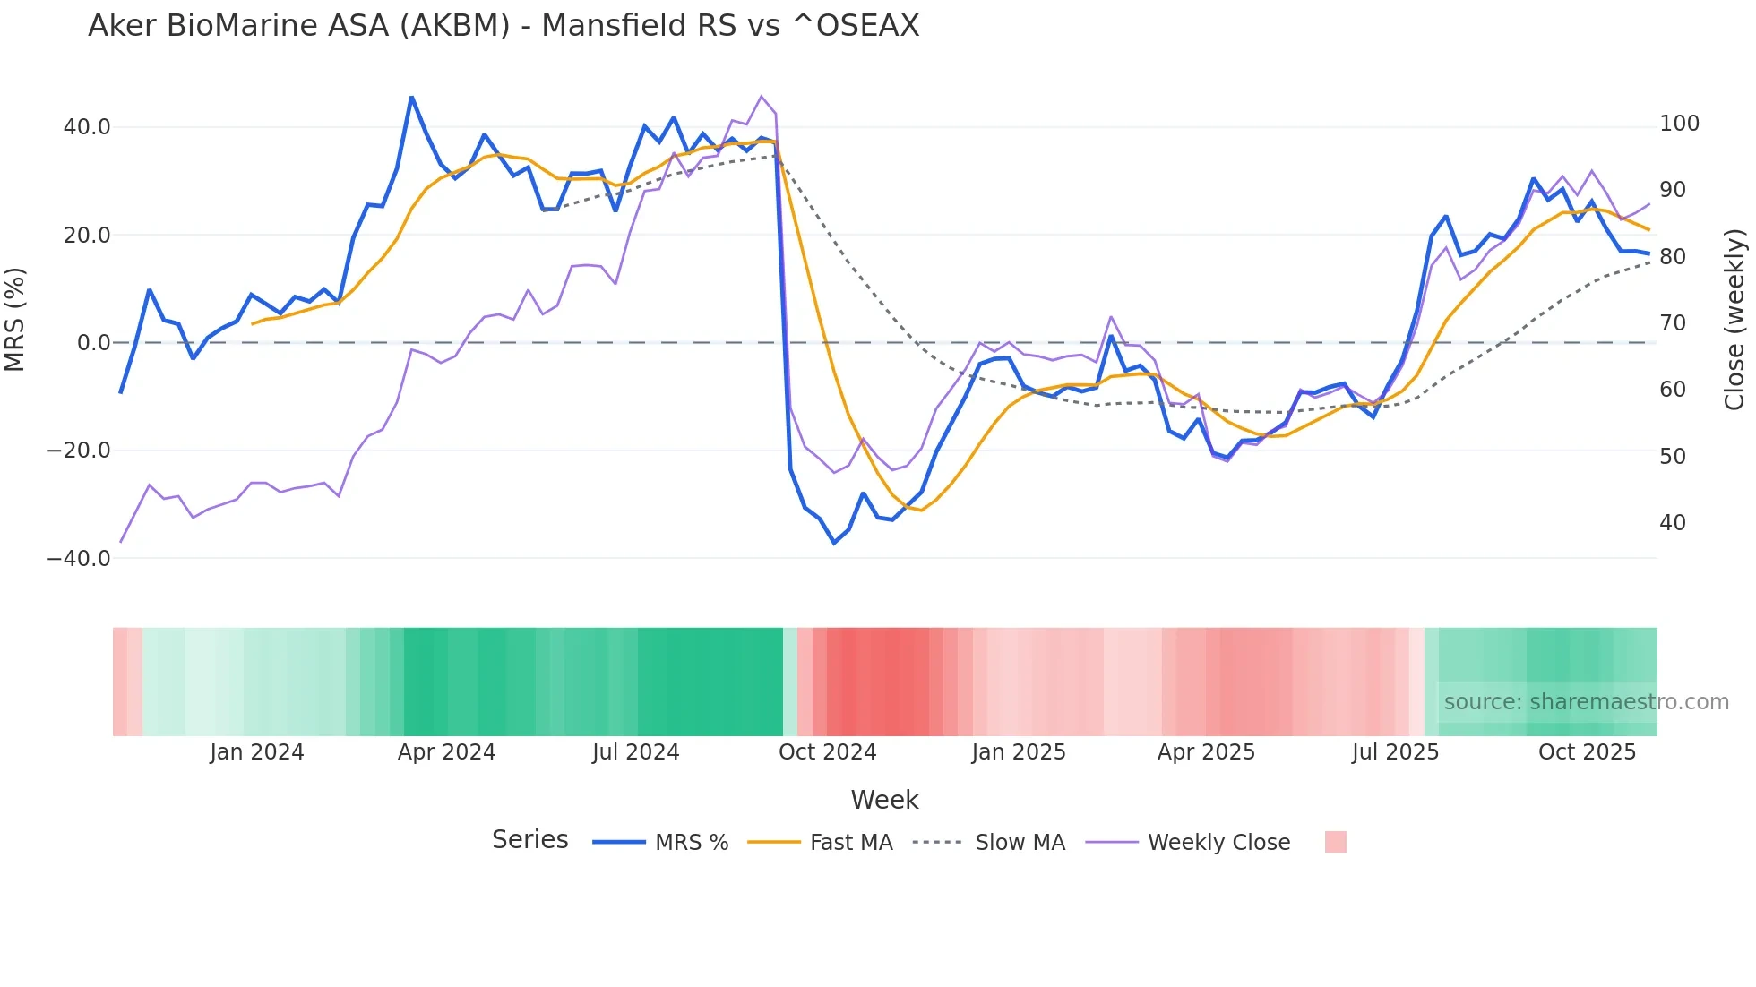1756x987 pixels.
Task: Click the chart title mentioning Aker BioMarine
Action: (x=504, y=26)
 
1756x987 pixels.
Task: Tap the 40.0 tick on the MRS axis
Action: (x=87, y=127)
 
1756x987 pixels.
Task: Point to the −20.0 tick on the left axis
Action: (x=79, y=451)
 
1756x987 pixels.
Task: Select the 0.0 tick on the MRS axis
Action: (x=93, y=343)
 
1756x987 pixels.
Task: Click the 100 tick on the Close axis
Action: (x=1679, y=124)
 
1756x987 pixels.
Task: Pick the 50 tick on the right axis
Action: (x=1673, y=457)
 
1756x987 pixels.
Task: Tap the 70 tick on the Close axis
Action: (x=1673, y=323)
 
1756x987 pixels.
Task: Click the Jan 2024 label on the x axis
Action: (x=257, y=752)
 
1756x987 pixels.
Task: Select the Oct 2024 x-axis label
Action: (x=827, y=752)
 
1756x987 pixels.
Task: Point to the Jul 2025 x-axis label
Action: (x=1395, y=752)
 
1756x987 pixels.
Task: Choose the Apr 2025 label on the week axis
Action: (x=1206, y=752)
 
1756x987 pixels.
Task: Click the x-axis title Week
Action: (x=884, y=800)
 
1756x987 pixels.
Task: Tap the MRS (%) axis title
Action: (x=15, y=319)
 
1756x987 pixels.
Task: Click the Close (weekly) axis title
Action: (x=1734, y=319)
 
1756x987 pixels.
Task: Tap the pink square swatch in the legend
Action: (x=1335, y=842)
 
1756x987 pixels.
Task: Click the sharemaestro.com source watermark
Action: (x=1586, y=702)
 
